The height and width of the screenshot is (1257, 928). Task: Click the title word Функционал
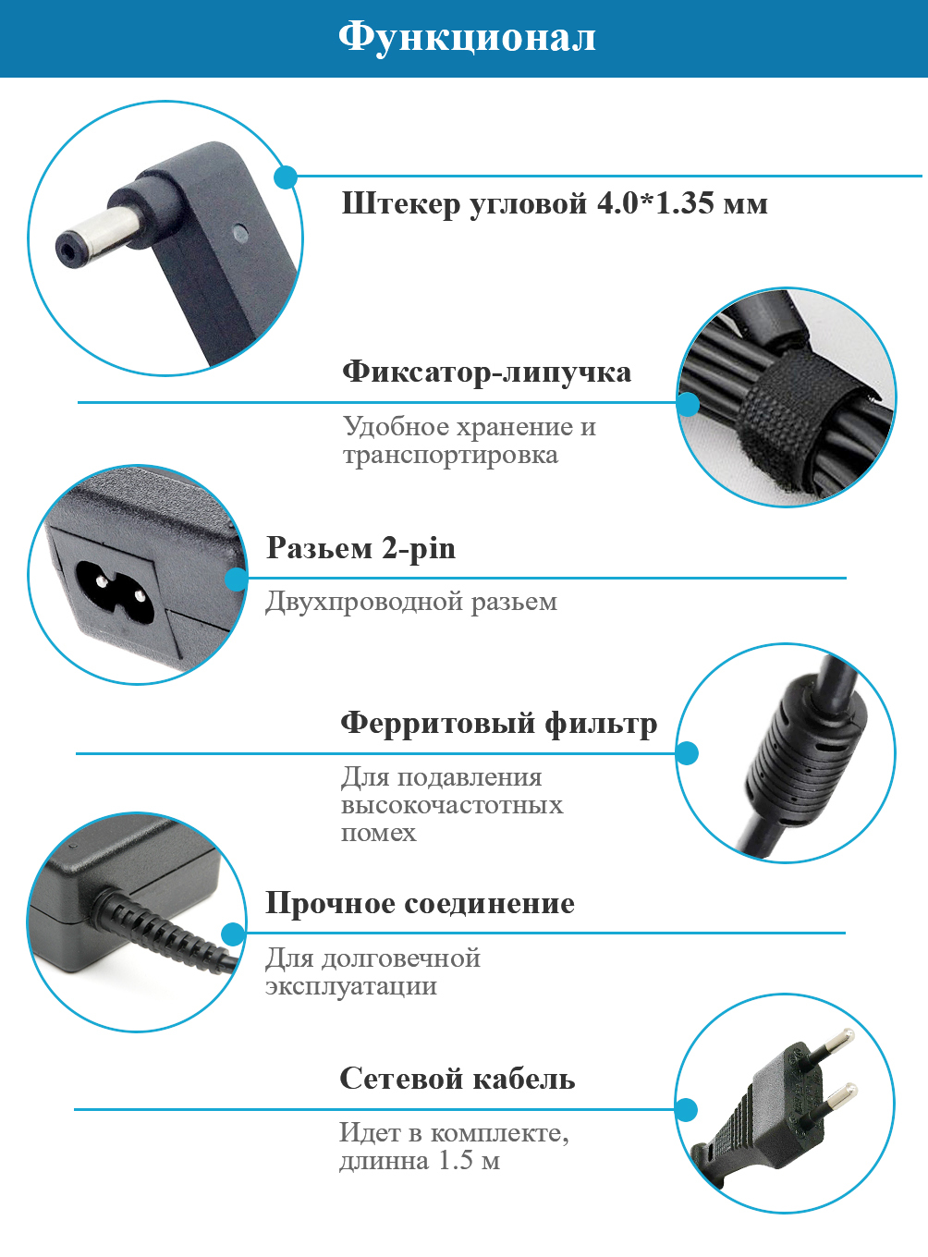point(467,37)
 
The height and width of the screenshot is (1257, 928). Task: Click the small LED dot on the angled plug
point(240,232)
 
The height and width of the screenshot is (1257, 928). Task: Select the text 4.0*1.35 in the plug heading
point(654,203)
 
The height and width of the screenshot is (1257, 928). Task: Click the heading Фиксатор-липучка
point(487,372)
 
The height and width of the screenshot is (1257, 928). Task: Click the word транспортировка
point(451,456)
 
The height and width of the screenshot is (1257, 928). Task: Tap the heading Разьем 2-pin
point(361,548)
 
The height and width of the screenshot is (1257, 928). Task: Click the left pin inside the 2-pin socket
point(102,580)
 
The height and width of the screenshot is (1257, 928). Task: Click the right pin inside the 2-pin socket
point(139,594)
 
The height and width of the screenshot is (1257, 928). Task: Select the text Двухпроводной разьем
point(411,602)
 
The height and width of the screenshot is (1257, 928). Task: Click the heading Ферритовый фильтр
point(499,723)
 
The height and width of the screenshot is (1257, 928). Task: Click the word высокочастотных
point(452,805)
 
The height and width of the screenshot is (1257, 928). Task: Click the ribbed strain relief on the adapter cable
point(159,923)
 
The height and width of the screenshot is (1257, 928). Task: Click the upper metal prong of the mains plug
point(830,1044)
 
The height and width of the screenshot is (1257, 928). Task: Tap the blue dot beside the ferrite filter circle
point(687,753)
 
